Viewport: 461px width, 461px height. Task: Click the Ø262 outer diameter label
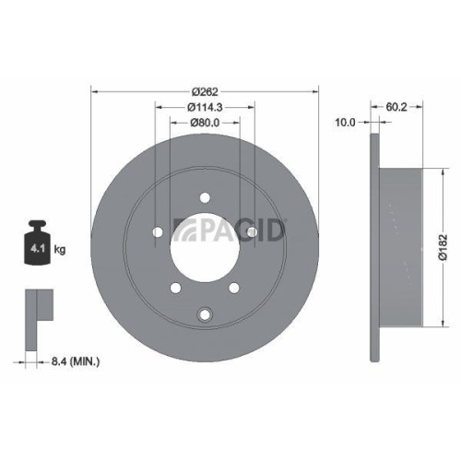204,90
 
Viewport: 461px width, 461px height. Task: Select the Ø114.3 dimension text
204,107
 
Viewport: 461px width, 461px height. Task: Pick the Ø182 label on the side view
443,246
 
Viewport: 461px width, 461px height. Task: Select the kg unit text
60,250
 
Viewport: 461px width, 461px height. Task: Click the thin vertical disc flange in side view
373,247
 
